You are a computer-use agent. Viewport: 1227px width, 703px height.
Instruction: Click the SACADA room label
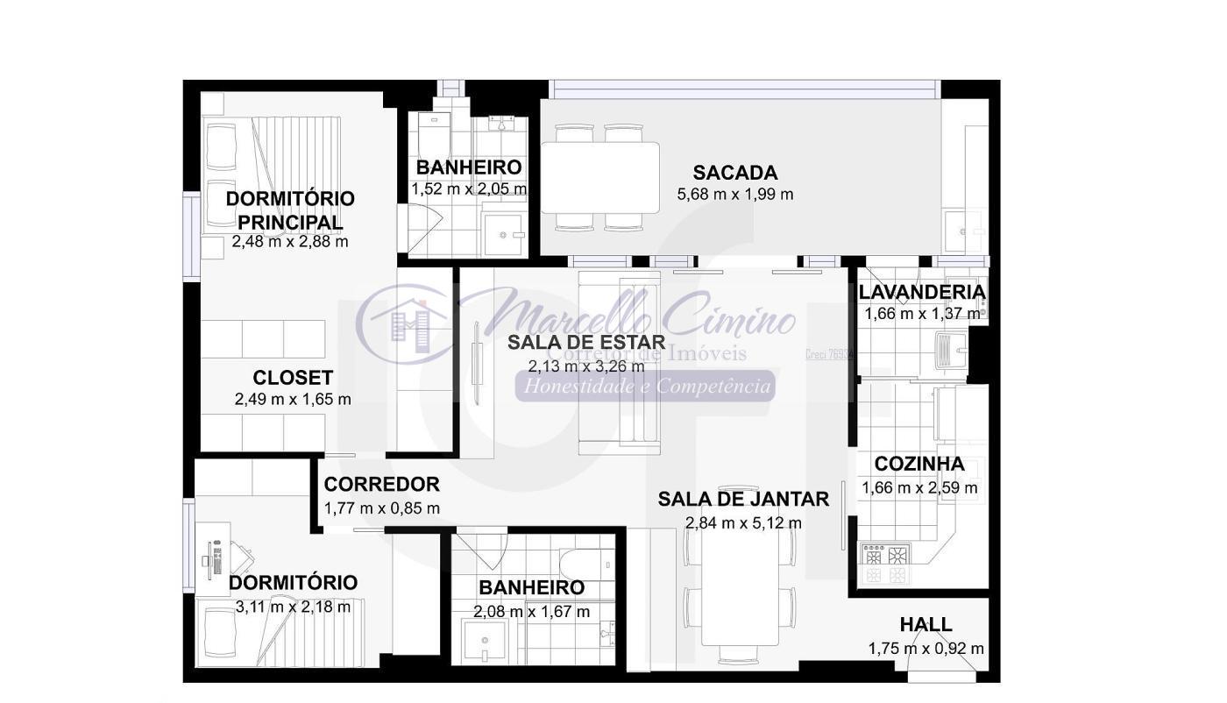pyautogui.click(x=734, y=173)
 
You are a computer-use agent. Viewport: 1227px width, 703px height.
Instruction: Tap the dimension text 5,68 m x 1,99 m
pyautogui.click(x=734, y=195)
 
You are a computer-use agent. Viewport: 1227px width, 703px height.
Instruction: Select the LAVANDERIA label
pyautogui.click(x=921, y=292)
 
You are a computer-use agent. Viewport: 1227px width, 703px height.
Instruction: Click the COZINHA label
pyautogui.click(x=919, y=464)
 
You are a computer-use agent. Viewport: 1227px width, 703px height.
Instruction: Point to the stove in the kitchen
pyautogui.click(x=885, y=565)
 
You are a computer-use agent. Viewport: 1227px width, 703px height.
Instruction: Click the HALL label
pyautogui.click(x=926, y=625)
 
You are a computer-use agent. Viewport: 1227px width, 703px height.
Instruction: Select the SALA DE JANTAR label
pyautogui.click(x=743, y=499)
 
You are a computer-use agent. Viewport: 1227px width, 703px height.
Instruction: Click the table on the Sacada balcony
pyautogui.click(x=600, y=177)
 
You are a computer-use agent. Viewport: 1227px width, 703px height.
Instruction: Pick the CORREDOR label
pyautogui.click(x=381, y=485)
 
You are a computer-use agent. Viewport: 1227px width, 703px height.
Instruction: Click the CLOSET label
pyautogui.click(x=293, y=378)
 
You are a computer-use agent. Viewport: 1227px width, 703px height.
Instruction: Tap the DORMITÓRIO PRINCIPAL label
pyautogui.click(x=290, y=209)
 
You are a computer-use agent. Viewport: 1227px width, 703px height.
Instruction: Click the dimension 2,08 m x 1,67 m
pyautogui.click(x=531, y=612)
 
